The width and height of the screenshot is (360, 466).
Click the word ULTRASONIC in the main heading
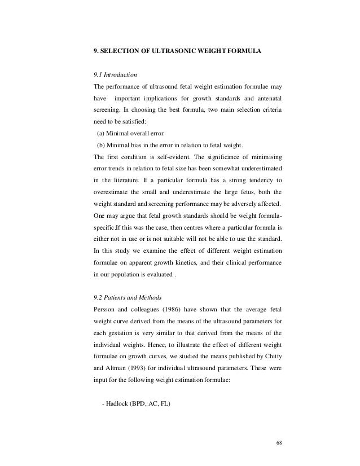tap(168, 50)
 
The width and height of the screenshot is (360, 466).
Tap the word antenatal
tap(267, 99)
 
